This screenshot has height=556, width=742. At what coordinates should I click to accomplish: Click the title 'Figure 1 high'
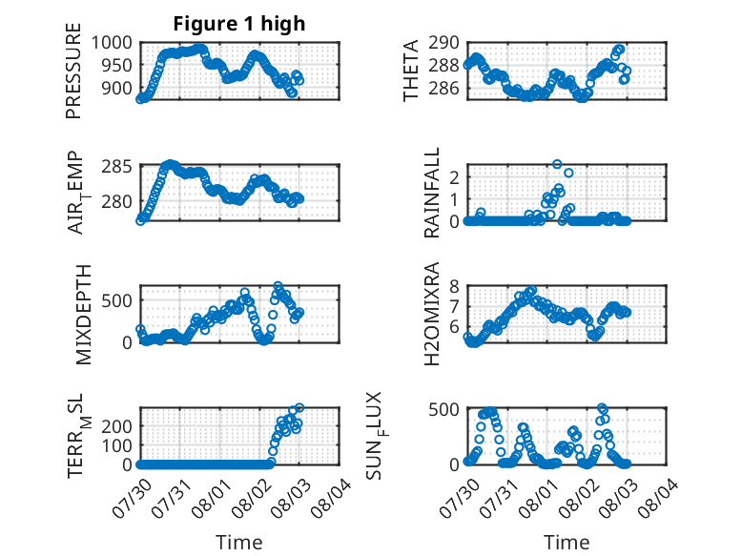(x=239, y=24)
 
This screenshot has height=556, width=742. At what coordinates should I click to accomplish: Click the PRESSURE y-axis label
(x=73, y=71)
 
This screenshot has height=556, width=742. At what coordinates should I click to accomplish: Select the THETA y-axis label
(x=411, y=71)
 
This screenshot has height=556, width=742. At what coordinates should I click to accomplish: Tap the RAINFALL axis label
(x=432, y=193)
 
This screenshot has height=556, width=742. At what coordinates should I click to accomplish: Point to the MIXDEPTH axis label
(x=83, y=314)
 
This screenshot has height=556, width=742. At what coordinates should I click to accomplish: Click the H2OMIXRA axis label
(x=432, y=314)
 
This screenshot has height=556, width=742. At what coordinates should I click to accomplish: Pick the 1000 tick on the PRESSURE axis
(x=112, y=43)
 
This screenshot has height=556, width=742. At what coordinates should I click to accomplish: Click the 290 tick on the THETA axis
(x=443, y=43)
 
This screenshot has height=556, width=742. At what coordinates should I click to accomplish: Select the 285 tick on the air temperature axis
(x=116, y=167)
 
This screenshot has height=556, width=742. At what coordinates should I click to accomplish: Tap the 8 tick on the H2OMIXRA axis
(x=454, y=286)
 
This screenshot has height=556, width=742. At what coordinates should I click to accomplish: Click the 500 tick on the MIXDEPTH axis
(x=116, y=300)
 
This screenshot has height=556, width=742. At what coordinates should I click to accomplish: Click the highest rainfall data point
(x=557, y=164)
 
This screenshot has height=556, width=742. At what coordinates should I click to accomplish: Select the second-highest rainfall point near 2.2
(x=568, y=173)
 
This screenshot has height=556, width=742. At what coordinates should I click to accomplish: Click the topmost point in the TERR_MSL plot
(x=299, y=407)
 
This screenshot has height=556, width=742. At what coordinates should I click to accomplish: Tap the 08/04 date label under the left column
(x=331, y=498)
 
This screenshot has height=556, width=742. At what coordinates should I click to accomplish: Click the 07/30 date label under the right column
(x=459, y=498)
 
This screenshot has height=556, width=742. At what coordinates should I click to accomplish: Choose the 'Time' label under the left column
(x=239, y=542)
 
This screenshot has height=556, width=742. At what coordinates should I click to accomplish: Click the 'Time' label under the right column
(x=567, y=542)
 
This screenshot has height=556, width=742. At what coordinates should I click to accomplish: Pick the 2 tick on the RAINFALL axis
(x=455, y=177)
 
